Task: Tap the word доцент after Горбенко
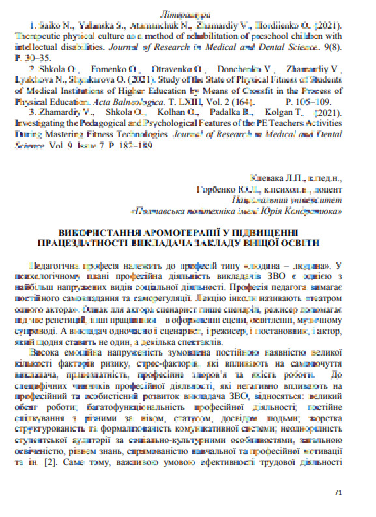tap(330, 189)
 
